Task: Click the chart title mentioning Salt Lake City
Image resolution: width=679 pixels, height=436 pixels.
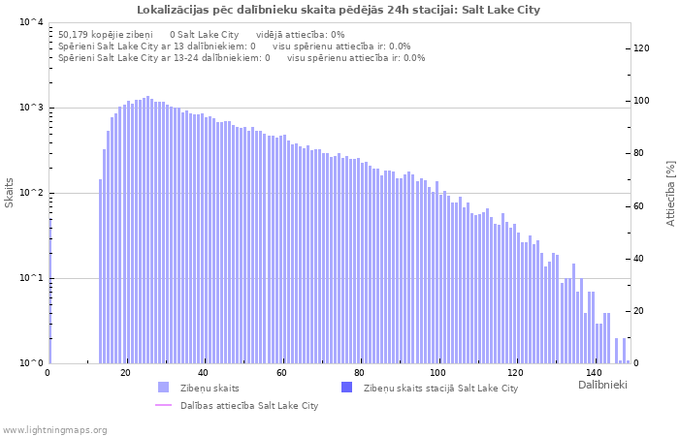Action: click(x=339, y=10)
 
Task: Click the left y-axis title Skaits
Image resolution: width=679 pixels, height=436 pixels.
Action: click(x=10, y=193)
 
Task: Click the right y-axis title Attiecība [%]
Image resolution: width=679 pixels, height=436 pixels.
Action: click(x=669, y=193)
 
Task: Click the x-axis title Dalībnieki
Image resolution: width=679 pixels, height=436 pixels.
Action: click(x=603, y=386)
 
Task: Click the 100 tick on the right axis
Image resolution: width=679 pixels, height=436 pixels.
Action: click(x=643, y=101)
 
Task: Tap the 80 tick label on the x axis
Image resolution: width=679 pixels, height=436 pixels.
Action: click(x=360, y=373)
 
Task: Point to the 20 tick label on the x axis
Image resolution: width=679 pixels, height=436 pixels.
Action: click(x=126, y=373)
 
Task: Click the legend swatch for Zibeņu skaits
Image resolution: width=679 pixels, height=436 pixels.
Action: click(x=163, y=388)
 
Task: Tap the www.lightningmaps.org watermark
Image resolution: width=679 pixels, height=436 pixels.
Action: click(x=54, y=429)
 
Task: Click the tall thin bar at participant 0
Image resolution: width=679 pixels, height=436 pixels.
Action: click(x=49, y=291)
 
